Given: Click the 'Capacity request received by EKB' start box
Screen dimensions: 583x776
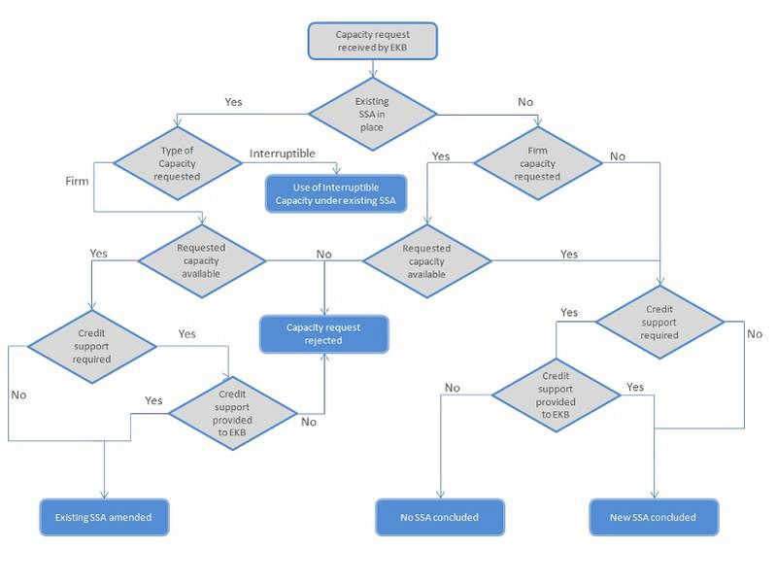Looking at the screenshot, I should pyautogui.click(x=373, y=41).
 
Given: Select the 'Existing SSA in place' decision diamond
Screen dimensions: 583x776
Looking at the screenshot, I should pyautogui.click(x=372, y=114).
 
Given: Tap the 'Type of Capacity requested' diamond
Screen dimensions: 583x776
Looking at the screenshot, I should pyautogui.click(x=178, y=163).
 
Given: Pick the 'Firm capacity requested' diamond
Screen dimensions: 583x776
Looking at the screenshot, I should pyautogui.click(x=544, y=163).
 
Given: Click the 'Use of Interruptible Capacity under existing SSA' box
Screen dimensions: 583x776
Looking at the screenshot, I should pyautogui.click(x=336, y=194).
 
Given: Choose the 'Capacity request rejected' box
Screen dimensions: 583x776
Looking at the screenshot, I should pyautogui.click(x=323, y=334).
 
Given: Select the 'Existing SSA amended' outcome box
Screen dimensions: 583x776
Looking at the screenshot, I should pyautogui.click(x=103, y=517).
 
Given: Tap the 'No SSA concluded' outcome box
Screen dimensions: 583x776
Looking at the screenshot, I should pyautogui.click(x=441, y=517).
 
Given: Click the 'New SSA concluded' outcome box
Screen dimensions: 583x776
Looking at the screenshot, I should pyautogui.click(x=653, y=517).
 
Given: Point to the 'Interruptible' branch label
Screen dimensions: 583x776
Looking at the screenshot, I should pyautogui.click(x=283, y=154).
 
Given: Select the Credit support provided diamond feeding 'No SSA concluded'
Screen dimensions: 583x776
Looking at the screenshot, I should pyautogui.click(x=556, y=394).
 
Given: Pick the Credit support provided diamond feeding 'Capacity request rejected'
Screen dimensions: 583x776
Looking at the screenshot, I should pyautogui.click(x=232, y=412).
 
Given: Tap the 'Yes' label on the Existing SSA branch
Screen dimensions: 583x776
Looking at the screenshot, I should pyautogui.click(x=233, y=101).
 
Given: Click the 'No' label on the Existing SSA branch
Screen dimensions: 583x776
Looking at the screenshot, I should pyautogui.click(x=525, y=101).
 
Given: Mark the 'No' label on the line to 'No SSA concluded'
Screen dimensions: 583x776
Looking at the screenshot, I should pyautogui.click(x=452, y=388).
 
